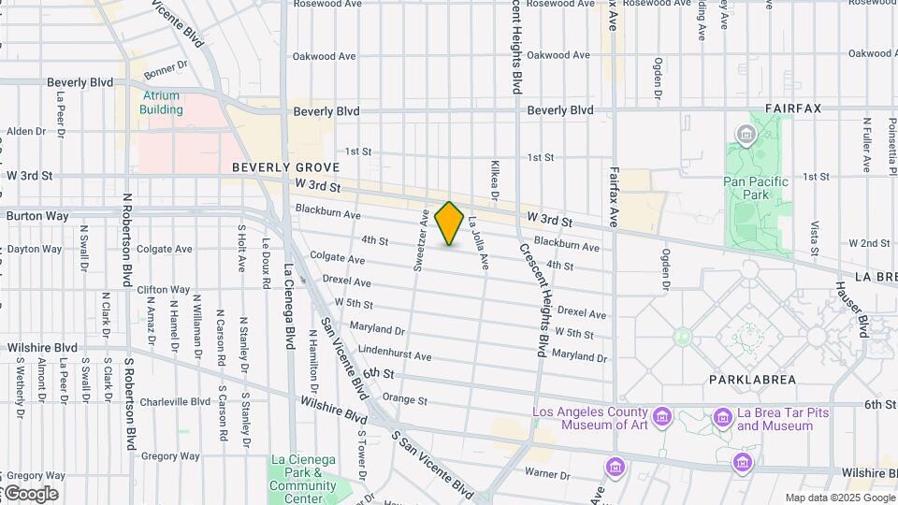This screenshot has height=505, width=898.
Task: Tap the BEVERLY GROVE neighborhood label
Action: pyautogui.click(x=277, y=167)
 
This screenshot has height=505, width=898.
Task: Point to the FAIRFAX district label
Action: pyautogui.click(x=792, y=108)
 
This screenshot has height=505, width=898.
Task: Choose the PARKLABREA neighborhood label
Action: pyautogui.click(x=752, y=380)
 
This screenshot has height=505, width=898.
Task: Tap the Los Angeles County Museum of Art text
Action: pyautogui.click(x=589, y=419)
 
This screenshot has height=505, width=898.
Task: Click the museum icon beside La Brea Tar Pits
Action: pyautogui.click(x=722, y=417)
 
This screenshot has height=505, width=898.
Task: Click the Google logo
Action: pyautogui.click(x=30, y=494)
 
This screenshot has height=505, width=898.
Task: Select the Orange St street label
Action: pyautogui.click(x=405, y=399)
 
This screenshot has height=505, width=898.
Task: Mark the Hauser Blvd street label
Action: pyautogui.click(x=862, y=312)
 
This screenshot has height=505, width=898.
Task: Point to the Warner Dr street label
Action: pyautogui.click(x=541, y=472)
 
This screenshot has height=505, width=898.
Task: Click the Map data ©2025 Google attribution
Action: pyautogui.click(x=838, y=498)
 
